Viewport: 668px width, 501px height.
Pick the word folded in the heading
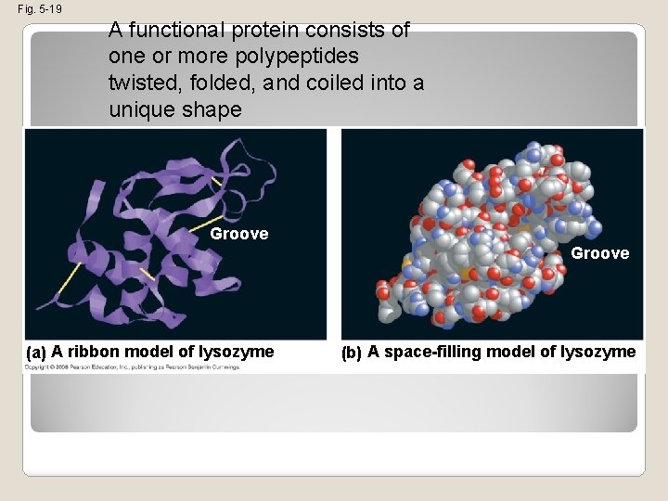click(x=222, y=83)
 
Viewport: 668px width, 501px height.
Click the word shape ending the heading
click(x=214, y=109)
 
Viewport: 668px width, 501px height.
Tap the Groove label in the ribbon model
click(x=238, y=234)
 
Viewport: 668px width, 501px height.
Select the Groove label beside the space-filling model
click(x=599, y=253)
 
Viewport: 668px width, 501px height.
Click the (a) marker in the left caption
click(x=36, y=353)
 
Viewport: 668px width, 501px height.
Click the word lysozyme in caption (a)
click(x=238, y=352)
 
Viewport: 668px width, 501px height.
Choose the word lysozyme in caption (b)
click(x=598, y=352)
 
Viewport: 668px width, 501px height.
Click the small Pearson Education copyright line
click(x=133, y=367)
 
